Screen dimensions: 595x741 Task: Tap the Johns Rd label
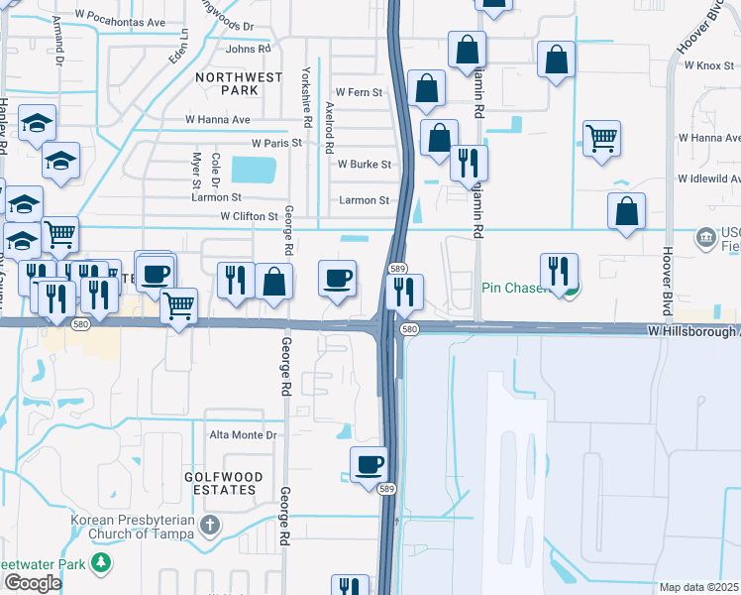tap(248, 49)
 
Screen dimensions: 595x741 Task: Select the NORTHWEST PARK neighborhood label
tap(227, 83)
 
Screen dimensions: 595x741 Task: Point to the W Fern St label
tap(359, 92)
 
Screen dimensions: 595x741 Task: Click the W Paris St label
tap(275, 144)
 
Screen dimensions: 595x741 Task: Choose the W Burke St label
tap(365, 165)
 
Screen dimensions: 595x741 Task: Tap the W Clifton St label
tap(249, 215)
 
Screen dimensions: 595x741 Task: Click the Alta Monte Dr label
tap(242, 435)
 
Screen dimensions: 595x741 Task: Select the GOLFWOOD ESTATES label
tap(224, 483)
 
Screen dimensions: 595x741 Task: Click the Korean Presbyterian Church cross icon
tap(209, 525)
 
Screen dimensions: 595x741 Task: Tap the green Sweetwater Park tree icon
tap(100, 563)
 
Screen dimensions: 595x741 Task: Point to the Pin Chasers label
tap(516, 289)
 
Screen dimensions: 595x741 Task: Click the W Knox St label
tap(707, 64)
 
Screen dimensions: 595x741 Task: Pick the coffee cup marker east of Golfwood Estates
tap(370, 463)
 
